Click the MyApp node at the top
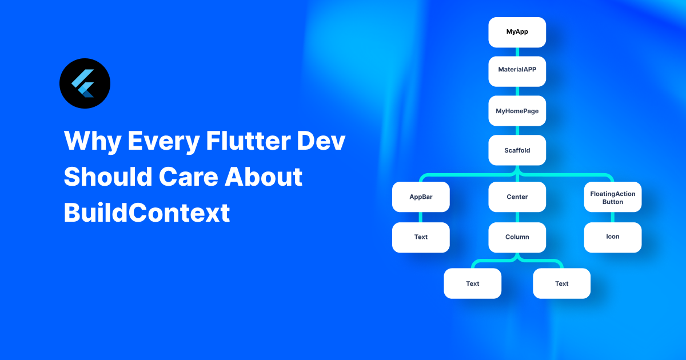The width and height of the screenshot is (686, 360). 517,32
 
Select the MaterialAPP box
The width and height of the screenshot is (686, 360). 517,71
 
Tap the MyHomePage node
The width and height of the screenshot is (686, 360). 517,111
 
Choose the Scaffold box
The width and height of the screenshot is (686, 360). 517,150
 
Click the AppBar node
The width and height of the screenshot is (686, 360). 421,197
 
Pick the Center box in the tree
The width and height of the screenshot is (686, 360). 517,197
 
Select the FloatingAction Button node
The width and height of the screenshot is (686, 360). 613,197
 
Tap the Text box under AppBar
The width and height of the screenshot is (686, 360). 421,237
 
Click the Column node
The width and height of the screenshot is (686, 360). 517,237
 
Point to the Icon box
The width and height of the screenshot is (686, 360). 613,237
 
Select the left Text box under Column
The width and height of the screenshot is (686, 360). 473,283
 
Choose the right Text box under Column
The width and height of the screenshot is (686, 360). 561,283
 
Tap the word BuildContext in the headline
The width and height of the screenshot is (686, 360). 146,213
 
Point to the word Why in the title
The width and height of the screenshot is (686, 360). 91,141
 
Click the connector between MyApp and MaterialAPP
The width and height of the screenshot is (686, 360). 517,52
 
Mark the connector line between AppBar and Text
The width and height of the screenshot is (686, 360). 421,217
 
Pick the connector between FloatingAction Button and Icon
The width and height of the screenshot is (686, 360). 613,217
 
